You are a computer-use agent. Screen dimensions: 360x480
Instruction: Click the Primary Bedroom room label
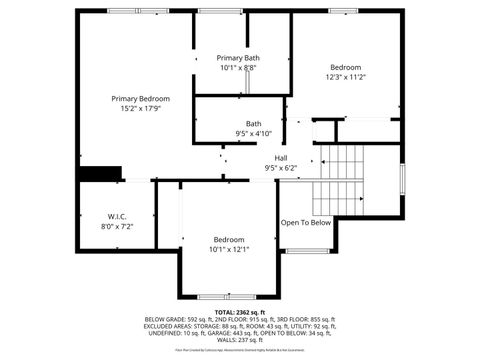click(x=140, y=99)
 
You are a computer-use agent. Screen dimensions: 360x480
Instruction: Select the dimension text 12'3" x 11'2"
click(x=345, y=77)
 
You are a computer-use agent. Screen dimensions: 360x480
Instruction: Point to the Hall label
click(x=281, y=158)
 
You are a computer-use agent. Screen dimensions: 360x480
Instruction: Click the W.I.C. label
click(x=116, y=217)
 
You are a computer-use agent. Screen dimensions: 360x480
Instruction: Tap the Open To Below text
click(x=305, y=223)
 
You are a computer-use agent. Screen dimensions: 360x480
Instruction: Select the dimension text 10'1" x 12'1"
click(x=228, y=250)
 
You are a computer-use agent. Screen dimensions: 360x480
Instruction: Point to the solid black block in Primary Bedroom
click(x=100, y=173)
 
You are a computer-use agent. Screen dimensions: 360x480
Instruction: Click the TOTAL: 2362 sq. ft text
click(x=240, y=311)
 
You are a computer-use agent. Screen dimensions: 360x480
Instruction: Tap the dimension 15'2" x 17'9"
click(x=140, y=109)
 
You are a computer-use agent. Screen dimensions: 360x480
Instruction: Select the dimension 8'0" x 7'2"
click(x=116, y=227)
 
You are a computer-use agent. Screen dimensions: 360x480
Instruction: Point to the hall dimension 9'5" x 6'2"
click(x=281, y=168)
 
